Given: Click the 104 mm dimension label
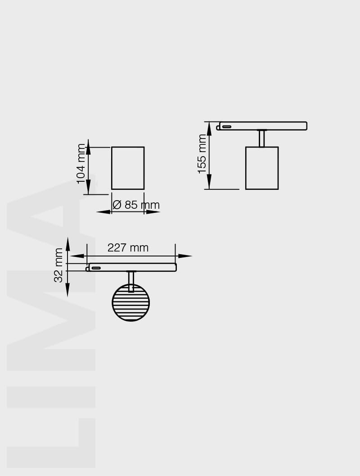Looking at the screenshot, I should click(x=81, y=163).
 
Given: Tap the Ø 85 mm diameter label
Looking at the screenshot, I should click(x=136, y=205).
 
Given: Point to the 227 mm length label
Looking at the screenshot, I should click(x=128, y=248).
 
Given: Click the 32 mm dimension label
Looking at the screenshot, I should click(x=58, y=265).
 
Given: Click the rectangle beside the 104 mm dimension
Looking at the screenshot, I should click(x=128, y=168).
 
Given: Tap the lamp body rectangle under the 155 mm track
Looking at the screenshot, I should click(x=262, y=168).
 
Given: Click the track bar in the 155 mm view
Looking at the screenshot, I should click(x=263, y=126).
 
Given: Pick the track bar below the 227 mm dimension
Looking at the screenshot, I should click(x=132, y=267).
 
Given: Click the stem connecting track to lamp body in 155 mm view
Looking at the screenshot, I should click(x=261, y=139).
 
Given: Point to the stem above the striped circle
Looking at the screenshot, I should click(x=131, y=281).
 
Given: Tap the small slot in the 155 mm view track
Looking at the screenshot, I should click(x=227, y=126).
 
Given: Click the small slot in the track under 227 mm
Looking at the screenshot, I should click(x=96, y=268).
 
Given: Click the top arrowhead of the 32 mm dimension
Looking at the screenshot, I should click(x=67, y=244).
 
